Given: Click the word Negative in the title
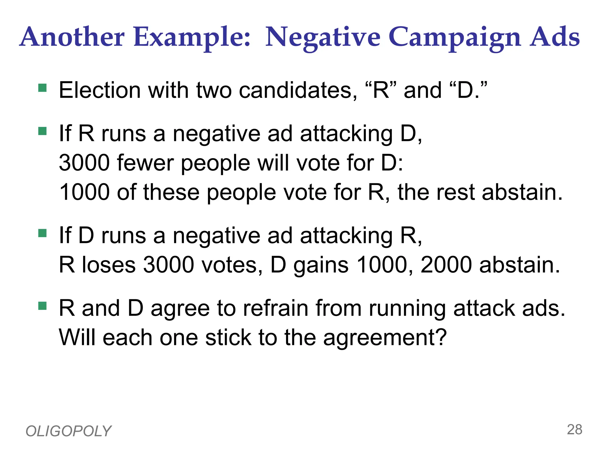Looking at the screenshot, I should pyautogui.click(x=323, y=37).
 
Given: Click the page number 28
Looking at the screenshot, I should pyautogui.click(x=574, y=430).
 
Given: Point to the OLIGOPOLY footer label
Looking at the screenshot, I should pyautogui.click(x=68, y=431).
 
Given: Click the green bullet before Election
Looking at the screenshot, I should pyautogui.click(x=43, y=88).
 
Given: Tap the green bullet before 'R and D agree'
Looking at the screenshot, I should pyautogui.click(x=43, y=306).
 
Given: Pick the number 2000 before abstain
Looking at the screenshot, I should pyautogui.click(x=446, y=265).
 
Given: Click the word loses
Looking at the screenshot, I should pyautogui.click(x=109, y=265).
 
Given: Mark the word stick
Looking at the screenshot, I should pyautogui.click(x=228, y=338).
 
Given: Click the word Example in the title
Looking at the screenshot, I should pyautogui.click(x=192, y=37).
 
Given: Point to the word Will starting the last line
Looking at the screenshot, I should pyautogui.click(x=77, y=338).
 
